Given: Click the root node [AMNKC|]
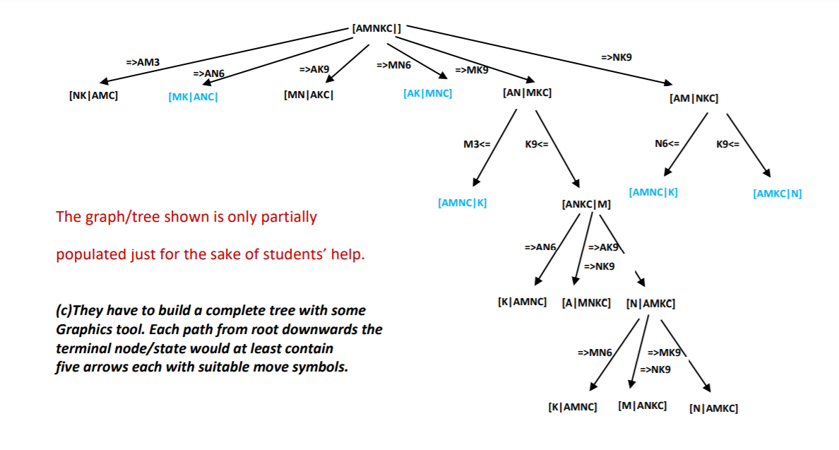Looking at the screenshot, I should point(376,28).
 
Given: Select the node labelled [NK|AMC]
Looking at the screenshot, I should point(93,95).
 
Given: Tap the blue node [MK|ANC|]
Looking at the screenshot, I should point(193,97).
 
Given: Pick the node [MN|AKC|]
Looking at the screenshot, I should point(308,95).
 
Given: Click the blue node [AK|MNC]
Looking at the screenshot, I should point(428,93).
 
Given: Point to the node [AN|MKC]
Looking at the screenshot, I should point(527,93).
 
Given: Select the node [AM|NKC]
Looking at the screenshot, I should point(694,99).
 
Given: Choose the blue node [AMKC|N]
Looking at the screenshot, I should point(778,194).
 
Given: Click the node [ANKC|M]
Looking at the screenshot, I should point(586,205).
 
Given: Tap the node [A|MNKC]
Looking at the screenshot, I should point(586,303).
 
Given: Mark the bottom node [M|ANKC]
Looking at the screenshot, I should point(642,406).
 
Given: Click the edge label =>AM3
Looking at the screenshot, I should point(143,62).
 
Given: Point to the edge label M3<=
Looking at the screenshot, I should point(477,144).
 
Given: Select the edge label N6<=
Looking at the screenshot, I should point(667,144).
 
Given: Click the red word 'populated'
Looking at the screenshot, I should point(90,254).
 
